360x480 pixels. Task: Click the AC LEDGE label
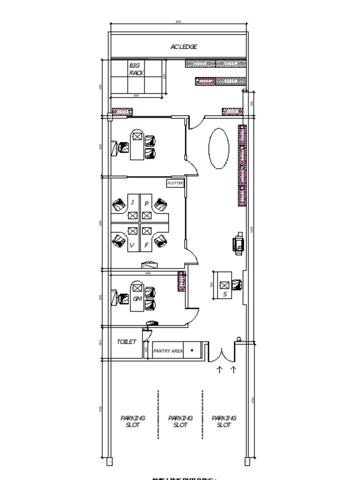pos(184,46)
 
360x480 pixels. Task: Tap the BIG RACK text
pos(136,69)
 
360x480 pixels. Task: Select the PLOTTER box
pos(175,183)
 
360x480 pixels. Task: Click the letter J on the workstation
pos(133,202)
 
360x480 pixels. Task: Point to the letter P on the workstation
pos(147,203)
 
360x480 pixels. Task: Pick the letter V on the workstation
pos(132,245)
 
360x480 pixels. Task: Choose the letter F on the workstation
pos(147,245)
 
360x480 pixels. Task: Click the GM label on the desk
pos(137,299)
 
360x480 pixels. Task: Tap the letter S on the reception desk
pos(225,294)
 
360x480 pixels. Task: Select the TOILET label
pos(127,342)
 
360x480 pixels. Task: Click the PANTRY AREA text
pos(168,351)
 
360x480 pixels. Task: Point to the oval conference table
pos(218,148)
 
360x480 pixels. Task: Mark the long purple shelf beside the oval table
pos(242,165)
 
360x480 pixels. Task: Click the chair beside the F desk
pos(161,241)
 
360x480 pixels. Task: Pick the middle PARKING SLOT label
pos(180,421)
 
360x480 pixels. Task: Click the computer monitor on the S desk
pos(225,285)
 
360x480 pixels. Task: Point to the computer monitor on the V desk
pos(133,231)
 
